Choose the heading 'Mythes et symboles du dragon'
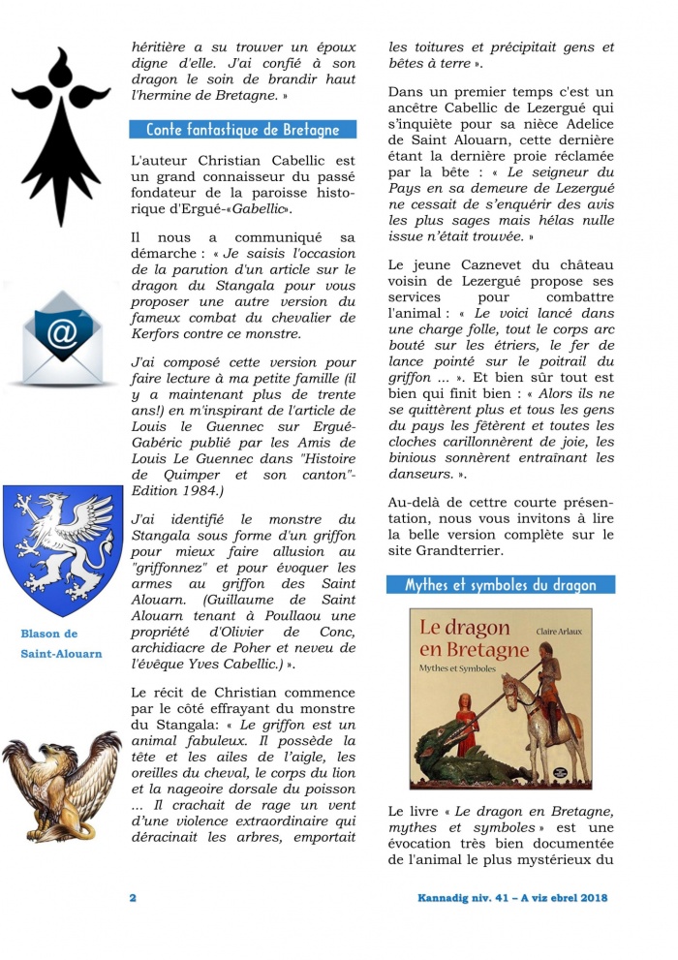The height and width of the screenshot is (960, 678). click(x=500, y=585)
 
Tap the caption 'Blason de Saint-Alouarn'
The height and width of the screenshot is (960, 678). click(x=62, y=643)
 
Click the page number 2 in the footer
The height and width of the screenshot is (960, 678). click(x=133, y=897)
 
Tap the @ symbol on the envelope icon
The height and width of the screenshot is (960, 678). click(x=62, y=331)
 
